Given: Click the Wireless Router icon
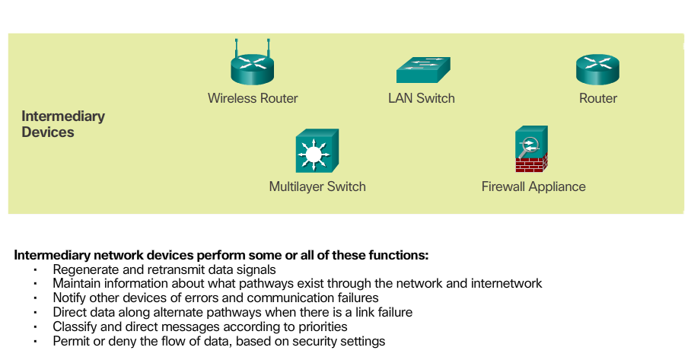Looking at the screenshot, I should tap(252, 67).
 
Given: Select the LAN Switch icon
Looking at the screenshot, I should tap(422, 71).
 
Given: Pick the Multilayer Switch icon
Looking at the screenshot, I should tap(317, 152).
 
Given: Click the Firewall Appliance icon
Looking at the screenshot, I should tap(532, 151).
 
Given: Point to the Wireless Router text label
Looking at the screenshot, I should tap(253, 98).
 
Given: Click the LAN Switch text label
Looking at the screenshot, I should tap(422, 98).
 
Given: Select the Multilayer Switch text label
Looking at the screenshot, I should tap(317, 186).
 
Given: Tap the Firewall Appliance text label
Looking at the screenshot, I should tap(533, 186).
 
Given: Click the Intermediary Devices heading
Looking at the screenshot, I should tap(62, 124).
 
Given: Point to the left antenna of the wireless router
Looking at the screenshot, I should tap(237, 47).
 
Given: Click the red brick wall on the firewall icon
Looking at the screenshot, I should tap(532, 164).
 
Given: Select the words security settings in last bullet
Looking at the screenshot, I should tap(340, 342).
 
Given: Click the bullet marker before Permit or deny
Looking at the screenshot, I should tap(35, 342).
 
